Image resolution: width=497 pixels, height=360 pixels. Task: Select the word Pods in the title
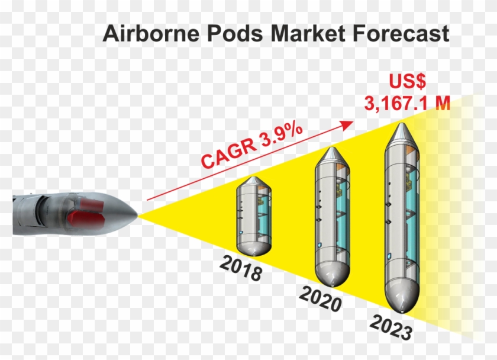(x=234, y=33)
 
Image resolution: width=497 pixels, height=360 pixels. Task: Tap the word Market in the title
(x=308, y=33)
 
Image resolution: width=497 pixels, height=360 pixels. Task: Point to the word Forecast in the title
(x=401, y=33)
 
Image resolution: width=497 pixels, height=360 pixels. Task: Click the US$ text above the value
(x=407, y=81)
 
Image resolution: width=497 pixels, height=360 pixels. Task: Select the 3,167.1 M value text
(x=407, y=103)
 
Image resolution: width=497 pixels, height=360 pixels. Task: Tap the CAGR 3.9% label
(x=251, y=145)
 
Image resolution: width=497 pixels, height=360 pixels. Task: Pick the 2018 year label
(x=241, y=268)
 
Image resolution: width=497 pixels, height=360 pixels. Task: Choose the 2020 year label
(x=321, y=299)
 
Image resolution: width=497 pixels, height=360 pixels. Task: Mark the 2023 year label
(x=391, y=327)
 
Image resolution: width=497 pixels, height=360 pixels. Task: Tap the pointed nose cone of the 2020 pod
(x=331, y=148)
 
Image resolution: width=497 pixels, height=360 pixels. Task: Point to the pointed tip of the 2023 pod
(x=402, y=124)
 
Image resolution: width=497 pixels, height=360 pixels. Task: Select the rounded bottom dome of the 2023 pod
(x=402, y=297)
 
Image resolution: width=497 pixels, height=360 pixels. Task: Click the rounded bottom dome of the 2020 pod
(x=333, y=274)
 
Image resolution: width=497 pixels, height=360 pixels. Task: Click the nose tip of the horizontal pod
(x=137, y=215)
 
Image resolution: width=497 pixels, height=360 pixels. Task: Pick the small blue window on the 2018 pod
(x=241, y=233)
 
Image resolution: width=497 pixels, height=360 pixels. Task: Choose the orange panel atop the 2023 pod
(x=411, y=152)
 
